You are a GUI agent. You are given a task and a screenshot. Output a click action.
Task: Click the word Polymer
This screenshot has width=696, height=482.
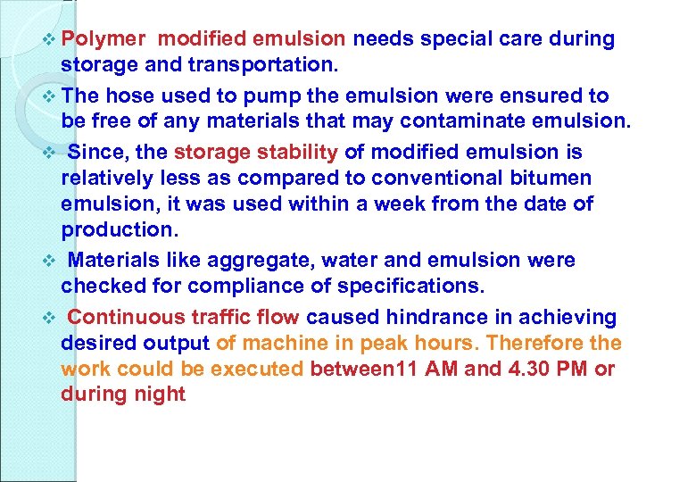point(104,39)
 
